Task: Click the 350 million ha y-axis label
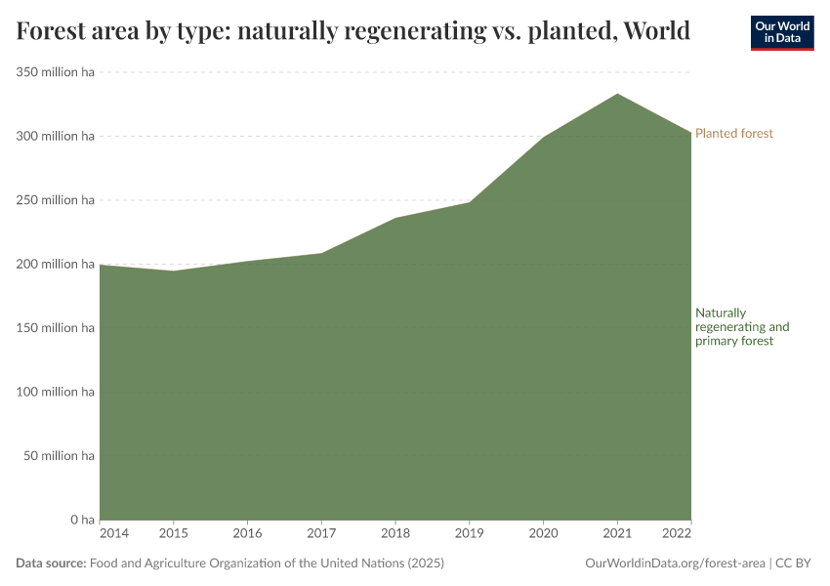pyautogui.click(x=55, y=72)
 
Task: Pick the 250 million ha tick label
pyautogui.click(x=55, y=200)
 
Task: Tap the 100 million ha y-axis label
pyautogui.click(x=55, y=392)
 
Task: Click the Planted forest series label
pyautogui.click(x=733, y=133)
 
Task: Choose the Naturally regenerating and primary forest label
pyautogui.click(x=741, y=327)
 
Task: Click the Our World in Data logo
pyautogui.click(x=781, y=32)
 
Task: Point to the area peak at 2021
pyautogui.click(x=617, y=95)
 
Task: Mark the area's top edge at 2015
pyautogui.click(x=174, y=271)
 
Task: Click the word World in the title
pyautogui.click(x=656, y=31)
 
